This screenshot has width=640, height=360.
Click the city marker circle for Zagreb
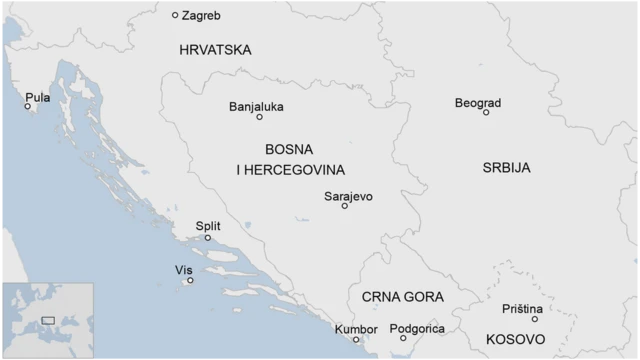(175, 15)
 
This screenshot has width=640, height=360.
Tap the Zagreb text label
(203, 15)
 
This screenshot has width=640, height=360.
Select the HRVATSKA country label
(215, 50)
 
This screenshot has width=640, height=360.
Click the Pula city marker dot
(28, 106)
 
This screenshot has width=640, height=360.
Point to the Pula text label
(38, 97)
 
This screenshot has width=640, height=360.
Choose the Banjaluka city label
(256, 106)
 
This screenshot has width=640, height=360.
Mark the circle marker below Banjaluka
(259, 117)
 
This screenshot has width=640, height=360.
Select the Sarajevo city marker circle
(345, 206)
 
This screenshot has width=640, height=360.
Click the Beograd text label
(478, 103)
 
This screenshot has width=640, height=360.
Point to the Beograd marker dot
(486, 112)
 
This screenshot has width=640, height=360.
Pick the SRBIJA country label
(506, 167)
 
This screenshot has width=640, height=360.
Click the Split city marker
(208, 238)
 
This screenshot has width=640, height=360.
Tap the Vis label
(183, 270)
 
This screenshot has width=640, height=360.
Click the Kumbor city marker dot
(356, 340)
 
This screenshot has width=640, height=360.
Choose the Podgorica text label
(416, 328)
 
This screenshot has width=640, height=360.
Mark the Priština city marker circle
(534, 319)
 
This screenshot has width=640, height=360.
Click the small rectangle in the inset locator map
(47, 320)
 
